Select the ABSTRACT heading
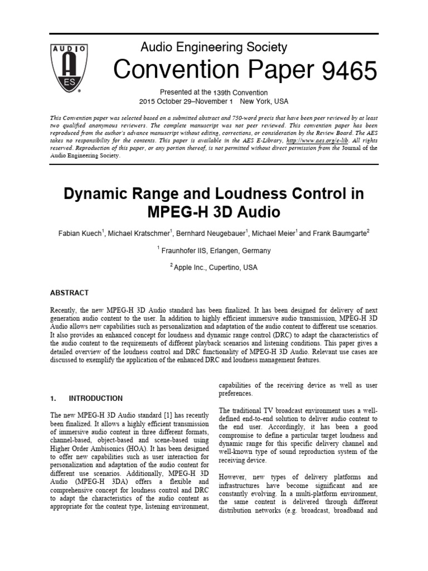pos(69,293)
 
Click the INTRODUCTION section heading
pos(95,399)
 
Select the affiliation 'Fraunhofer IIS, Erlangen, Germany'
pos(216,251)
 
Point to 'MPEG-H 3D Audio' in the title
pos(214,212)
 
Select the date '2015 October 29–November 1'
pos(186,101)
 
